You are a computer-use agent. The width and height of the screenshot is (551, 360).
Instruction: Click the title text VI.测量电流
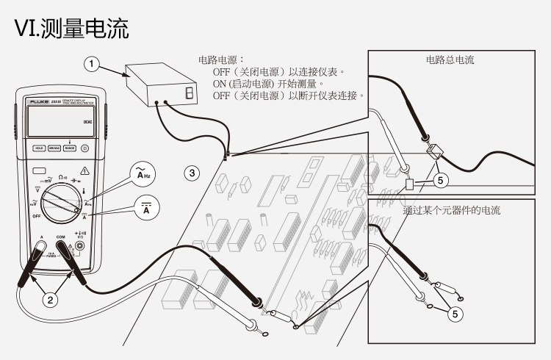tap(72, 29)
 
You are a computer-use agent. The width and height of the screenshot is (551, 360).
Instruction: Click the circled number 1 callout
tap(90, 65)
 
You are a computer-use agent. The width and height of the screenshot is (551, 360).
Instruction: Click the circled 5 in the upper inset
tap(439, 179)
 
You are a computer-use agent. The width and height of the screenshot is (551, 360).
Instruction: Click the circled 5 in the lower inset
tap(455, 313)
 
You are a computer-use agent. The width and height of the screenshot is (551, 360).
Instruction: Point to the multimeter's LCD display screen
tap(60, 121)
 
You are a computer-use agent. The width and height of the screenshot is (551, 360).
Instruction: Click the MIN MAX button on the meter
tap(54, 148)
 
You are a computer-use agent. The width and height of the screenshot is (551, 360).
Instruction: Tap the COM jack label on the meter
tap(61, 237)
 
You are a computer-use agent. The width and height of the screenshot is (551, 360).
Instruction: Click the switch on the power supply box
tap(190, 93)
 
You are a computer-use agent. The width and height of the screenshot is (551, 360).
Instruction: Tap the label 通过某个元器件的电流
tap(451, 211)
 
